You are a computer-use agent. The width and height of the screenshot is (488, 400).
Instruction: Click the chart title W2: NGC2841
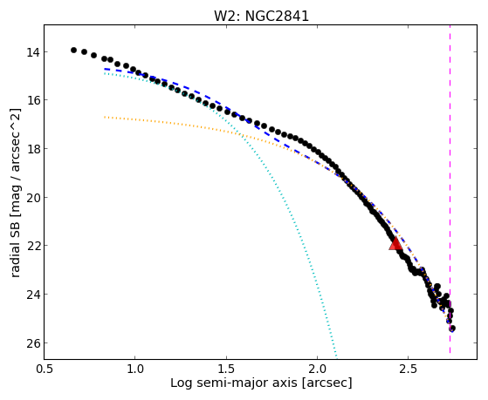[261, 16]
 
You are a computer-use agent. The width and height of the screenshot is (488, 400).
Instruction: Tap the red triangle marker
[395, 243]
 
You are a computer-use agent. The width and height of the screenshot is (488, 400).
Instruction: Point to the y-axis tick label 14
[32, 52]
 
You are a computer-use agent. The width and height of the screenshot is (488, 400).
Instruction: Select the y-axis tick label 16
[32, 100]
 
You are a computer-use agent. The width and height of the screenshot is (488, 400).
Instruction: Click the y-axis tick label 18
[32, 149]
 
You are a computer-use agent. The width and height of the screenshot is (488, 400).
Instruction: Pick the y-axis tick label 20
[32, 197]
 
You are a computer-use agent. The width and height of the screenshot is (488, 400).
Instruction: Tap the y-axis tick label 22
[32, 246]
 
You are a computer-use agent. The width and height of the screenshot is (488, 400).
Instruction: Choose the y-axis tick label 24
[32, 295]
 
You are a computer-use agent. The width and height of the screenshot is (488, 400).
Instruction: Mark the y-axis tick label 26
[32, 343]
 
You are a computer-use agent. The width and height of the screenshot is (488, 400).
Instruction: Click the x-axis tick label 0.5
[45, 369]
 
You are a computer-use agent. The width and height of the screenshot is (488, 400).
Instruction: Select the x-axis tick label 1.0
[135, 369]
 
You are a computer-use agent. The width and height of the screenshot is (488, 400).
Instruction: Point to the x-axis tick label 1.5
[226, 369]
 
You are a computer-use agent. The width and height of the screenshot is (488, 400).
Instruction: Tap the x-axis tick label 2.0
[317, 369]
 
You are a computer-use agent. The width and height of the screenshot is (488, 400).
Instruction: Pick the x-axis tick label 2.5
[409, 369]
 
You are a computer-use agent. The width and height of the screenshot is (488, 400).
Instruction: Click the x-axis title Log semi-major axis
[234, 383]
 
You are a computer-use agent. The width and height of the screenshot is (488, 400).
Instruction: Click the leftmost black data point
[73, 50]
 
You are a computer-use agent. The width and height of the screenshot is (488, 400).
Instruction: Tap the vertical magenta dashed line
[450, 189]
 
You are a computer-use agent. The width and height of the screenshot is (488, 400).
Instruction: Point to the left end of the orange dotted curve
[105, 117]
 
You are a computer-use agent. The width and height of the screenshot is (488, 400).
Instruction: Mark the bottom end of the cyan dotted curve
[336, 356]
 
